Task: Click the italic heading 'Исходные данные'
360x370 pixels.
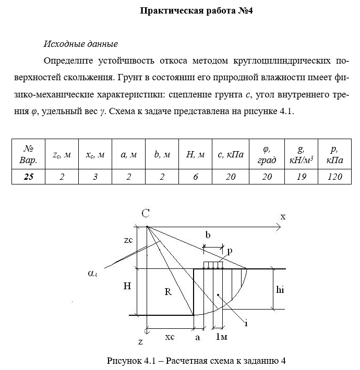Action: point(81,43)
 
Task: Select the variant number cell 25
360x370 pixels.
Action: point(29,177)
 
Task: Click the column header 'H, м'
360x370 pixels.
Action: point(196,155)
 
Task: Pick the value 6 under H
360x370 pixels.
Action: point(196,177)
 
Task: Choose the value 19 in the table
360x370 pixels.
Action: point(301,177)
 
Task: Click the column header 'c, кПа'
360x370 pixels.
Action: point(230,155)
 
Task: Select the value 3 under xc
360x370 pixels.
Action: point(95,177)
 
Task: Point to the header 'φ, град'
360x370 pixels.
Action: point(267,155)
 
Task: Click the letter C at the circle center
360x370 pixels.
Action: point(146,213)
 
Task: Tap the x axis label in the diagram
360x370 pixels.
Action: point(283,216)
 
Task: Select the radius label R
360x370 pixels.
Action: point(168,292)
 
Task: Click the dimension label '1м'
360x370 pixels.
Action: point(221,337)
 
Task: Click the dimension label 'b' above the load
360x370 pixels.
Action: point(208,236)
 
